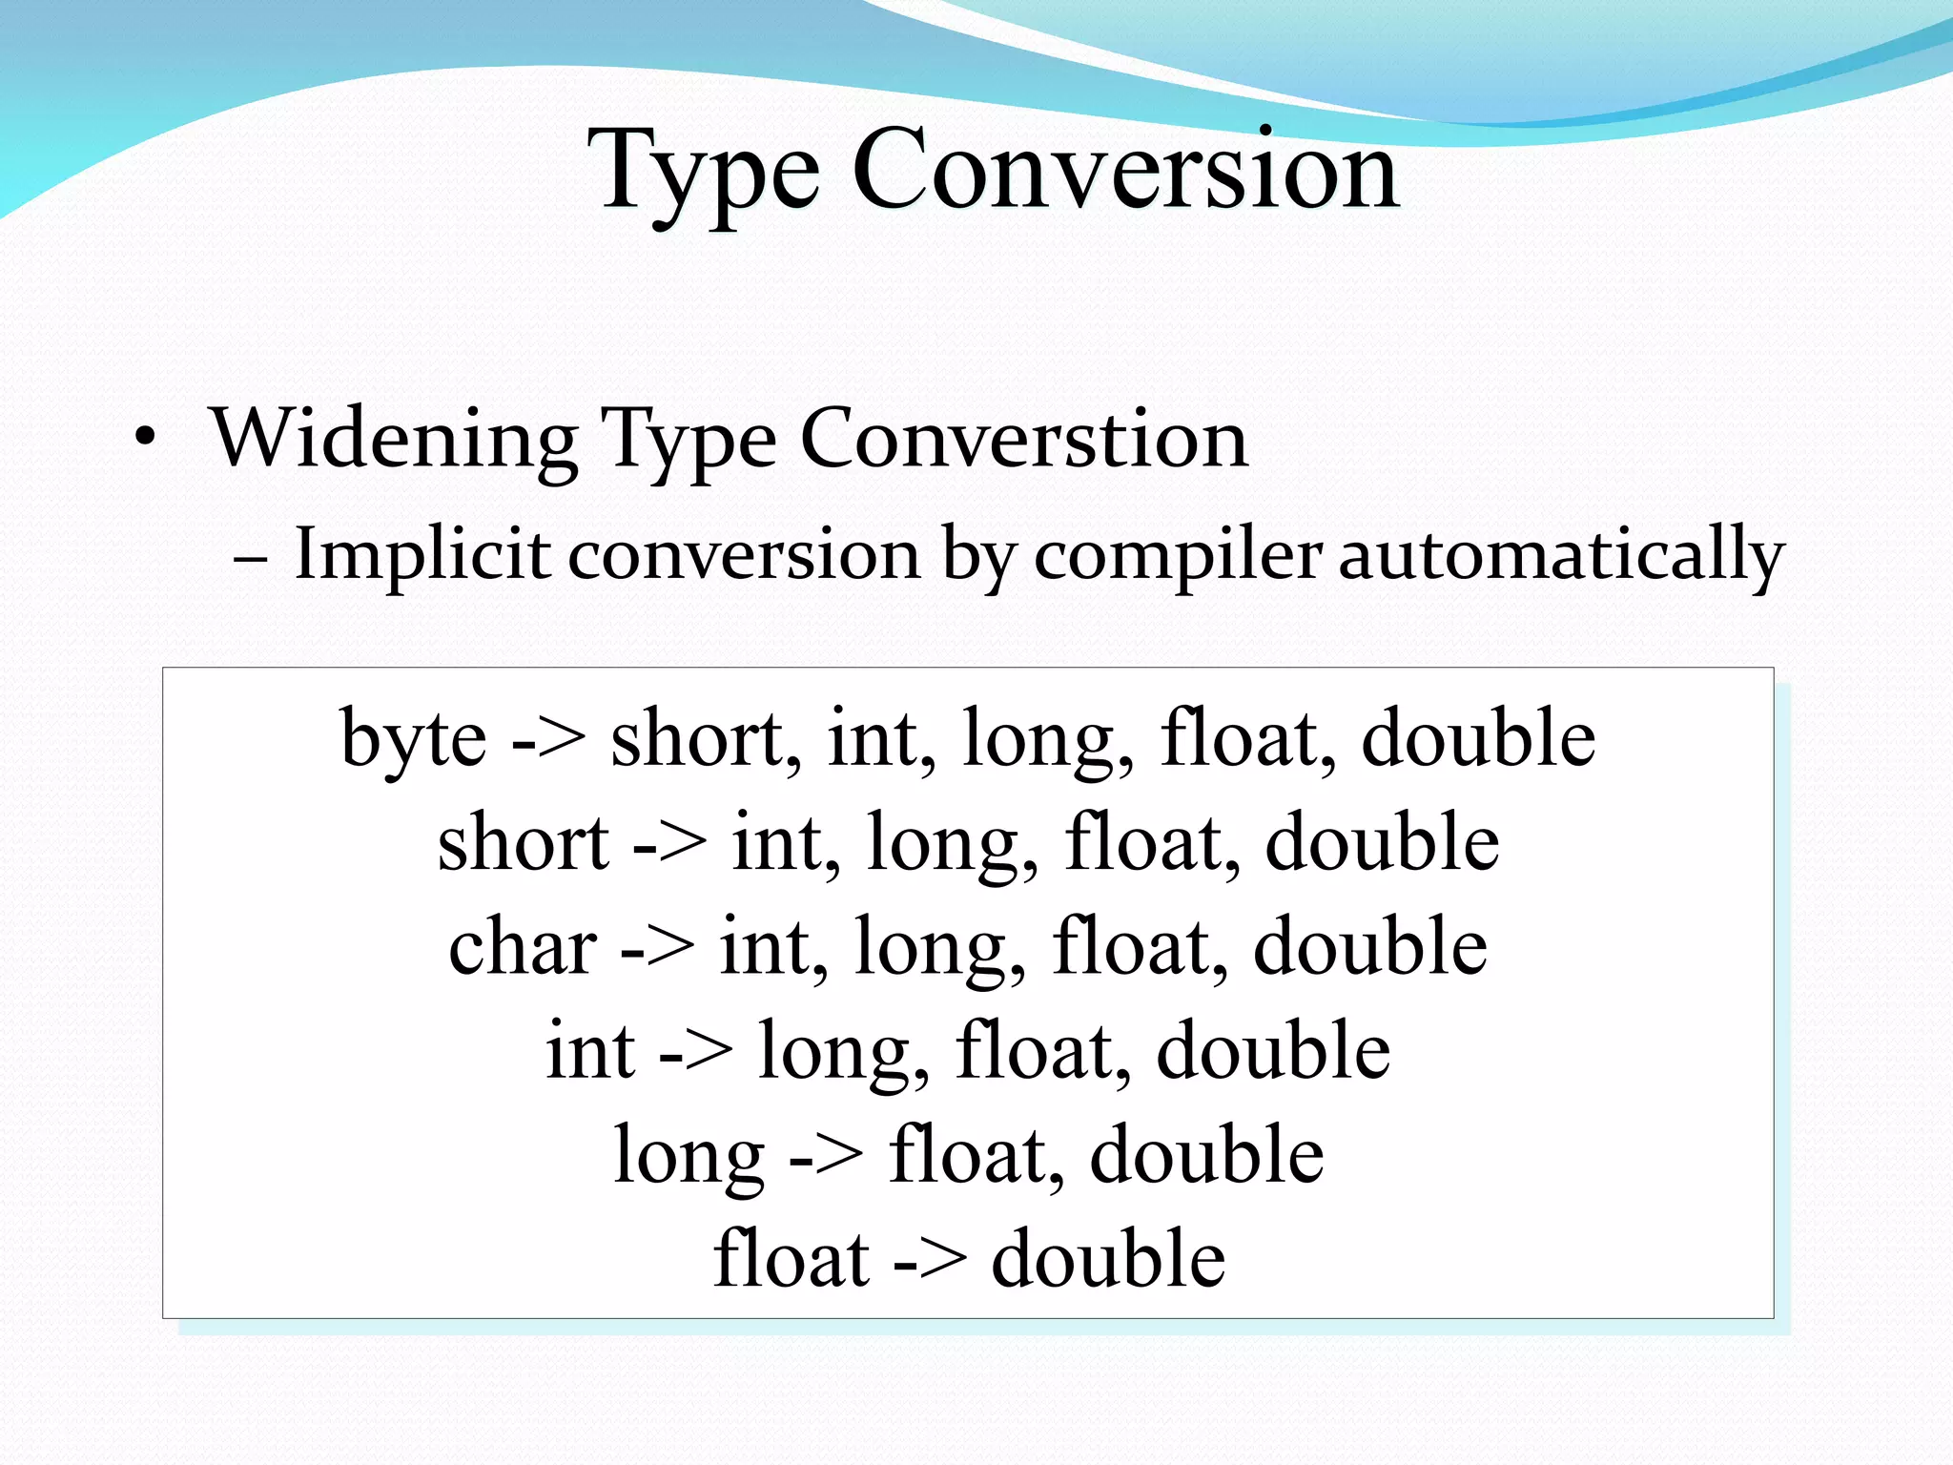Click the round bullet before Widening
(x=144, y=440)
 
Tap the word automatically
(x=1561, y=555)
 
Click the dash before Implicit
(x=250, y=557)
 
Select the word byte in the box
(x=414, y=739)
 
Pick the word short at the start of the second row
(x=523, y=843)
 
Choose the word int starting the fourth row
(x=590, y=1051)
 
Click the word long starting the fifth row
(x=689, y=1156)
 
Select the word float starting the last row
(x=791, y=1259)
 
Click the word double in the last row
(x=1108, y=1259)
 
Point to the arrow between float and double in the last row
(x=930, y=1261)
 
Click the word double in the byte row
(x=1478, y=739)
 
